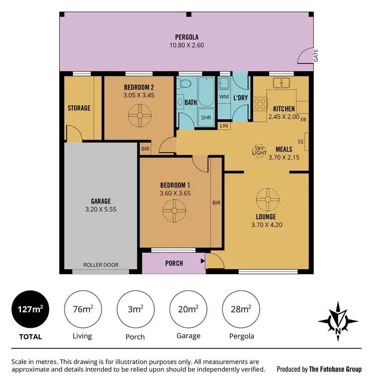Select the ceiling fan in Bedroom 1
pyautogui.click(x=174, y=210)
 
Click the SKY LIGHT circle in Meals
pyautogui.click(x=260, y=151)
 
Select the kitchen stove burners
pyautogui.click(x=259, y=103)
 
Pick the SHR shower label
pyautogui.click(x=205, y=118)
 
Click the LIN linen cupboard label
pyautogui.click(x=225, y=126)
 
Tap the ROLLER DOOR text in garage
pyautogui.click(x=101, y=265)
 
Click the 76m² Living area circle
pyautogui.click(x=82, y=309)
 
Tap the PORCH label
pyautogui.click(x=174, y=263)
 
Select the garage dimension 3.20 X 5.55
pyautogui.click(x=100, y=209)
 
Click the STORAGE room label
pyautogui.click(x=79, y=107)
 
